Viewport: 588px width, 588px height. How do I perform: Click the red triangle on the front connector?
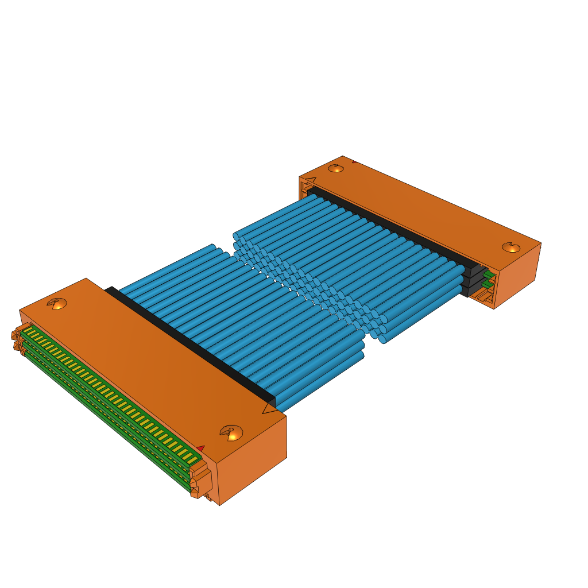(x=200, y=448)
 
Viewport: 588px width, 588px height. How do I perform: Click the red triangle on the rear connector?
(x=354, y=162)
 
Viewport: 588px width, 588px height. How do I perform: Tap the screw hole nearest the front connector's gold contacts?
(x=59, y=304)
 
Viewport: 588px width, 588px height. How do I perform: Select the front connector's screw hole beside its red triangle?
(x=232, y=433)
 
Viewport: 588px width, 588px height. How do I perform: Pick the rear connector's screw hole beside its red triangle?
(x=336, y=168)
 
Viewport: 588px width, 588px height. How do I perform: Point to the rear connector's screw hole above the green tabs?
(x=510, y=247)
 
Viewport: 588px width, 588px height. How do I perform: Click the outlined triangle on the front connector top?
(x=269, y=408)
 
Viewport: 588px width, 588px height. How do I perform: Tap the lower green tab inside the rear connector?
(x=488, y=284)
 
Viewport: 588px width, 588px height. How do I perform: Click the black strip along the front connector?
(x=189, y=345)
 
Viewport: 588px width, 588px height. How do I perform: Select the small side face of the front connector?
(x=253, y=459)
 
